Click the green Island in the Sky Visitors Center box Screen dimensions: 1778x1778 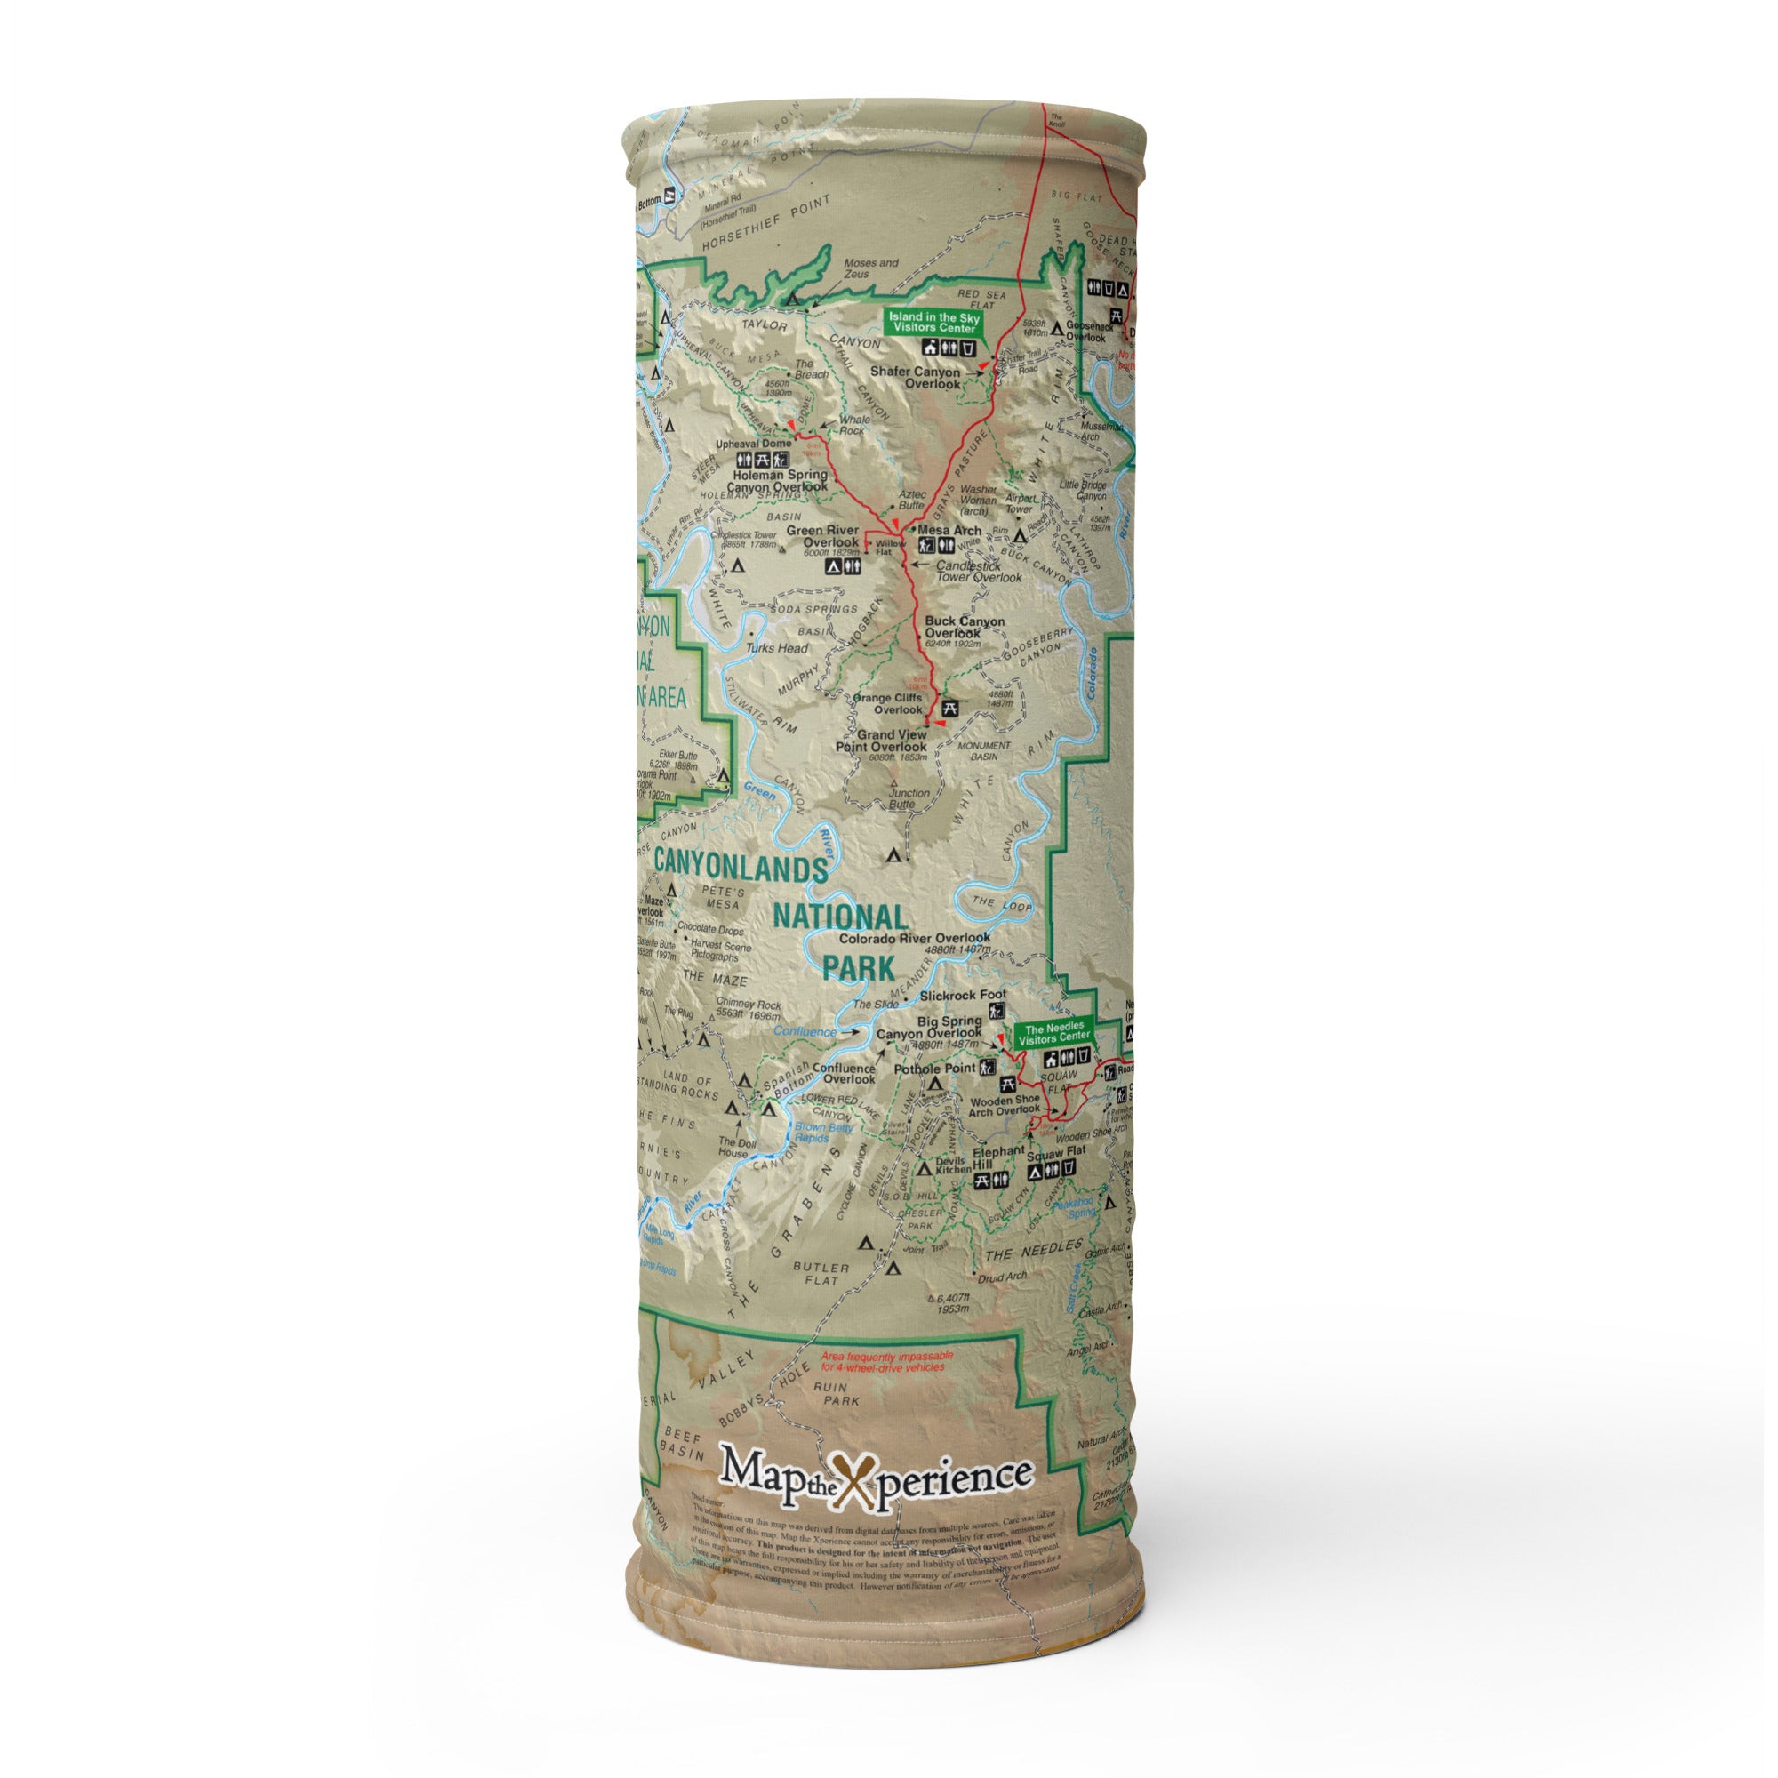933,322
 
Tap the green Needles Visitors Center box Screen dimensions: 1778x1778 1053,1035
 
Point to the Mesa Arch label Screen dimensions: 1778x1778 949,530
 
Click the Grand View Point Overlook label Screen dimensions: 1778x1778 881,741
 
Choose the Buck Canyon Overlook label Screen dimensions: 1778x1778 965,628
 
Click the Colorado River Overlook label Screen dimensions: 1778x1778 915,939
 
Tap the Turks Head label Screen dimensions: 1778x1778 778,648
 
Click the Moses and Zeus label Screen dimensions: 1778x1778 870,268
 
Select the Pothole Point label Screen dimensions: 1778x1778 935,1069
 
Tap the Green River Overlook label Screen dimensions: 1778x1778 821,537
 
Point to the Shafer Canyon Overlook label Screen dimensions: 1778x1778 915,378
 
